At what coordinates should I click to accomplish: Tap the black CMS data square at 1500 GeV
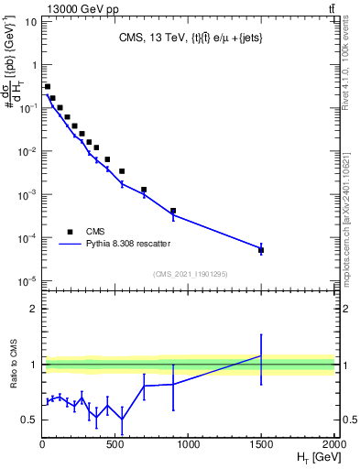(x=261, y=249)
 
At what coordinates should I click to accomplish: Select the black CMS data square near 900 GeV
(x=173, y=211)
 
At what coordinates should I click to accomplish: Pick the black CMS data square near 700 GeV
(x=144, y=190)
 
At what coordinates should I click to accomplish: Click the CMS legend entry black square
(x=70, y=231)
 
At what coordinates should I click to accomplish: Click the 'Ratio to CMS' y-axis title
(x=14, y=365)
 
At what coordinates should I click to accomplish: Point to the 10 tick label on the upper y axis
(x=31, y=21)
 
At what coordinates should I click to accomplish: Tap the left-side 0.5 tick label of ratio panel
(x=29, y=420)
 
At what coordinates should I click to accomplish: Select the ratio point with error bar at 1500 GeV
(x=261, y=355)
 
